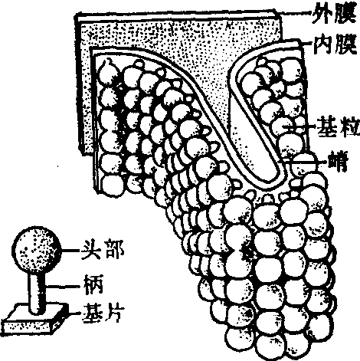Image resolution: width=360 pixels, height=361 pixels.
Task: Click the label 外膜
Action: (x=333, y=14)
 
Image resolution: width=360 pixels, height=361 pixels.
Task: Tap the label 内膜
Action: (x=335, y=44)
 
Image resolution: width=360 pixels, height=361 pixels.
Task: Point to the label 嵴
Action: (x=339, y=162)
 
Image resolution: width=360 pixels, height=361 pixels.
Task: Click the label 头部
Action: (x=103, y=249)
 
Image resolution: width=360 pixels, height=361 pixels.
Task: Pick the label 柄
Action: (x=93, y=284)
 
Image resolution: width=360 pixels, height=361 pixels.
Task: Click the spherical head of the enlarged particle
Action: (x=37, y=250)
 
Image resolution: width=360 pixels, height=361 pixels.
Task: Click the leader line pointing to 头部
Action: (x=70, y=251)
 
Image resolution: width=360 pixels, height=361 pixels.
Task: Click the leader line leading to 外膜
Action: (x=294, y=12)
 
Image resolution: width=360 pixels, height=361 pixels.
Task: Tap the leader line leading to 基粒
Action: (x=300, y=126)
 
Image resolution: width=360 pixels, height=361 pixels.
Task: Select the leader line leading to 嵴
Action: (x=304, y=161)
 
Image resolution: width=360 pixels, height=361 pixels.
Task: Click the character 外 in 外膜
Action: (x=322, y=14)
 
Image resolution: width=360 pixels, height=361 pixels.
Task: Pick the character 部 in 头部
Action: (x=114, y=249)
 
